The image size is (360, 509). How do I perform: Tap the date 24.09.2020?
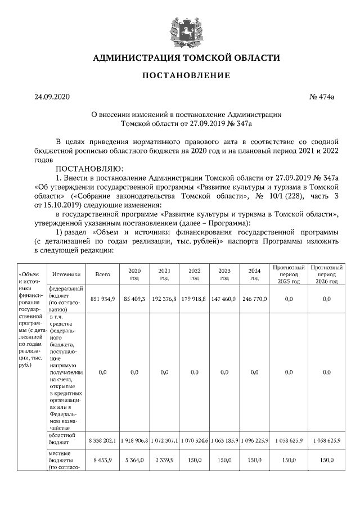[51, 97]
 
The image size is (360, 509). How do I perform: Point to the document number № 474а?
[322, 97]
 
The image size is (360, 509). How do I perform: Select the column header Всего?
[102, 274]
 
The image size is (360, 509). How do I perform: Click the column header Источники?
[66, 274]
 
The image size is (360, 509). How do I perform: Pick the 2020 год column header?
[134, 274]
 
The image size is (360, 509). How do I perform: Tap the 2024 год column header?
[254, 274]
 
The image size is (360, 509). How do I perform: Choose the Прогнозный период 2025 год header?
[289, 274]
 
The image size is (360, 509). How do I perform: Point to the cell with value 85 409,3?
[134, 299]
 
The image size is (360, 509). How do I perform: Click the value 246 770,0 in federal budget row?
[254, 299]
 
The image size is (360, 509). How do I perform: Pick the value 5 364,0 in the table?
[134, 460]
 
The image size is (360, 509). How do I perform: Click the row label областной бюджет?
[62, 439]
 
